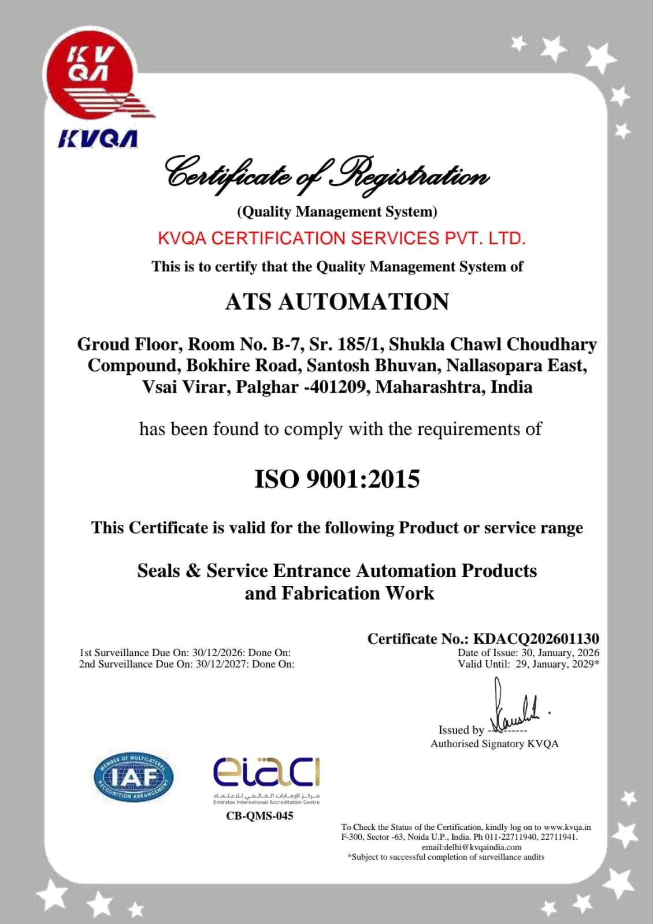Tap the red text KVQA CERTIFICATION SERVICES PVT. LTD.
point(342,238)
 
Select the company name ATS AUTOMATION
point(337,302)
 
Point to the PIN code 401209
point(338,386)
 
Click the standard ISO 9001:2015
point(337,479)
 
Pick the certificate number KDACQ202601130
point(536,639)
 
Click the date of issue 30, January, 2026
point(560,653)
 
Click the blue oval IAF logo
point(133,777)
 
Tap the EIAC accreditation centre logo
point(266,777)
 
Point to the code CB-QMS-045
point(259,816)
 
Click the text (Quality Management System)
point(337,212)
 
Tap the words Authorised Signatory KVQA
point(494,744)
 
